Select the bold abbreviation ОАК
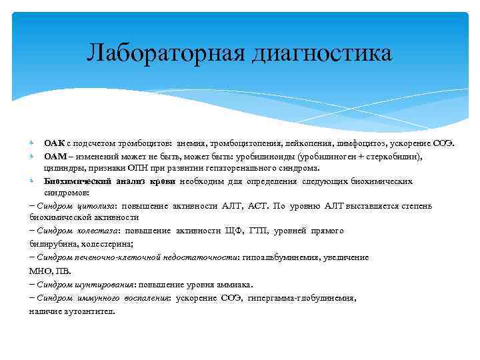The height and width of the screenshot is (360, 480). [54, 143]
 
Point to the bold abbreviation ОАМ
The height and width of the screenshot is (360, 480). [55, 155]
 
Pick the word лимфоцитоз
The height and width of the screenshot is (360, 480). [353, 143]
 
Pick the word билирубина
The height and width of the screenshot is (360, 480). [51, 243]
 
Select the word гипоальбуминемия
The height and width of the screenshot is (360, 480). [281, 256]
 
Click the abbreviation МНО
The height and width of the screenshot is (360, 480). [41, 271]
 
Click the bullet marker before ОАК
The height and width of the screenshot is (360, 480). [33, 143]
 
